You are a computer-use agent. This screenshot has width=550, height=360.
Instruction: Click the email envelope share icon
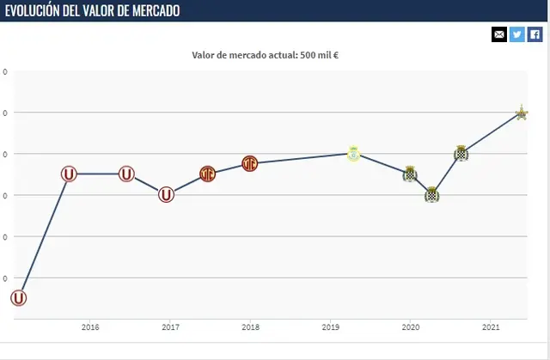click(499, 34)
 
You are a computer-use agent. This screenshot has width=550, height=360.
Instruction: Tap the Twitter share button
click(517, 34)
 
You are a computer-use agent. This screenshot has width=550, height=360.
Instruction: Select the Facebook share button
click(535, 34)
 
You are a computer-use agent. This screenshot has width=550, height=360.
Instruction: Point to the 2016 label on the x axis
click(89, 326)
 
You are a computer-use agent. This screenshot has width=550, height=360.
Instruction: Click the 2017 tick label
click(169, 326)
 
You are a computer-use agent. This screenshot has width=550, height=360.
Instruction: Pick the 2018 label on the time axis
click(250, 326)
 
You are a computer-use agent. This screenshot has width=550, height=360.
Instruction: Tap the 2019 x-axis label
click(330, 326)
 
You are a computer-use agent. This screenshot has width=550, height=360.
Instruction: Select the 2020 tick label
click(410, 326)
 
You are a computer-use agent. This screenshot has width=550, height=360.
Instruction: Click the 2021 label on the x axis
click(491, 326)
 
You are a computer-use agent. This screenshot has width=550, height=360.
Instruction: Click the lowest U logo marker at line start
click(19, 298)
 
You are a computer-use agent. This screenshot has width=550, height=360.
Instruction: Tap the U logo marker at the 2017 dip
click(167, 195)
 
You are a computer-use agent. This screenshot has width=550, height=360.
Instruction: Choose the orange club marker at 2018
click(250, 163)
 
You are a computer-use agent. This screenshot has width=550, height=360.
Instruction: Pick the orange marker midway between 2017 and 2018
click(208, 174)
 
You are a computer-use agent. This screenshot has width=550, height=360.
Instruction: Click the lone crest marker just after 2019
click(353, 154)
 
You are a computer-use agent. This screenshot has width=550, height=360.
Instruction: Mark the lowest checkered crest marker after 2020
click(432, 194)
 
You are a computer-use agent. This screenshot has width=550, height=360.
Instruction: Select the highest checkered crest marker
click(461, 155)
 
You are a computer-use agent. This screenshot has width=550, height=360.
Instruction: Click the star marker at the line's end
click(521, 113)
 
